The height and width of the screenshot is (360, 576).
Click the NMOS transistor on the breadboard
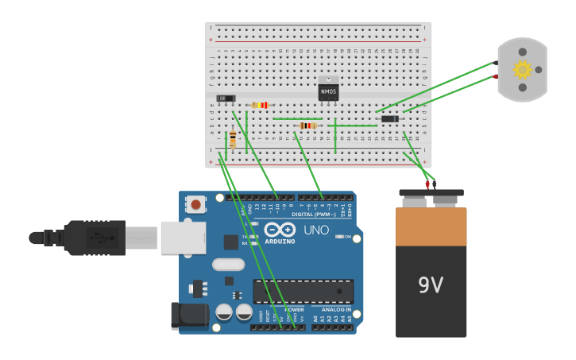(328, 91)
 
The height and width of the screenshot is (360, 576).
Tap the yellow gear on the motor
(522, 70)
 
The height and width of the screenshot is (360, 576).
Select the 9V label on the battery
(431, 285)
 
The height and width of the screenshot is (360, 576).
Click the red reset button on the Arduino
(195, 205)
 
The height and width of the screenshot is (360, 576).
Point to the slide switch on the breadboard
(226, 99)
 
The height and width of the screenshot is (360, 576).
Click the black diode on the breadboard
(389, 118)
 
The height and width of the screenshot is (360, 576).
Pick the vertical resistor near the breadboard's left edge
(232, 140)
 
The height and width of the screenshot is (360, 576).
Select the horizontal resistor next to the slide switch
(260, 105)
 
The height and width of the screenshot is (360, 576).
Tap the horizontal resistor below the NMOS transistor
(307, 126)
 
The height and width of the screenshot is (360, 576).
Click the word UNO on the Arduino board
(316, 230)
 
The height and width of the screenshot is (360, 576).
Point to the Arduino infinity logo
(284, 230)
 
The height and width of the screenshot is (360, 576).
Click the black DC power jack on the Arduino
(189, 315)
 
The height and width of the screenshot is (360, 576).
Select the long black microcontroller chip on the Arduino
(303, 291)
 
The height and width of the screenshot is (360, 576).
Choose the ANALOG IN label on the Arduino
(336, 309)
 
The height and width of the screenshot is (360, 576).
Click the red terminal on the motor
(496, 76)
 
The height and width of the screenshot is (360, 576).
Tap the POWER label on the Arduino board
(294, 309)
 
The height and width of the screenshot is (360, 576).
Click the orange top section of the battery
(431, 226)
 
